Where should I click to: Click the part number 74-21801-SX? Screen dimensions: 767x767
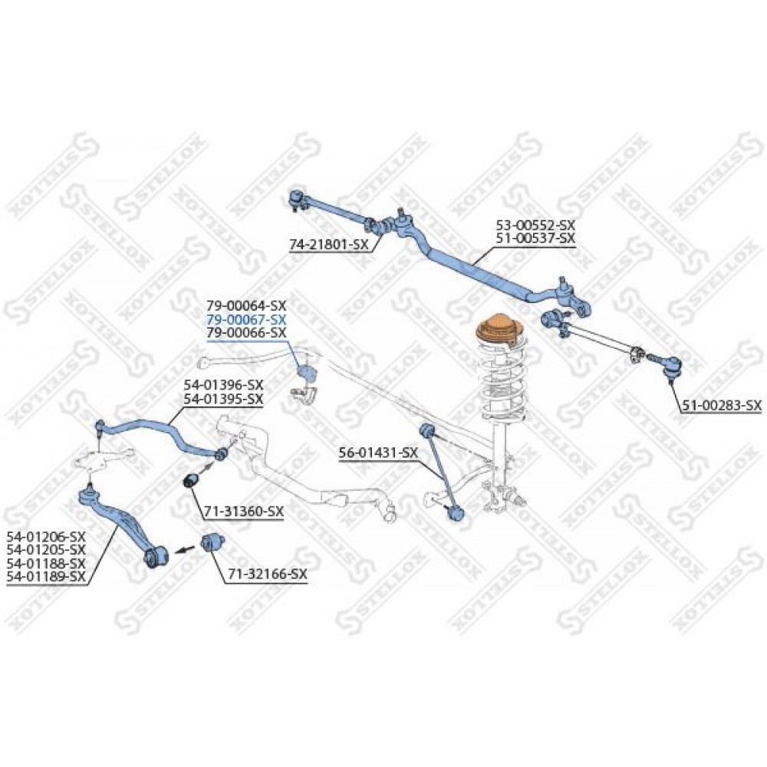tap(329, 245)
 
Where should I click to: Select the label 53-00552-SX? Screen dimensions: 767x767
tap(535, 225)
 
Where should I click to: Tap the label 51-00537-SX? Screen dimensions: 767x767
tap(535, 239)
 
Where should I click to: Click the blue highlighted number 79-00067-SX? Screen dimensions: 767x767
tap(246, 320)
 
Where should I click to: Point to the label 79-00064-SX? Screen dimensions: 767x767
tap(246, 307)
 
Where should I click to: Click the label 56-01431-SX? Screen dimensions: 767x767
tap(379, 453)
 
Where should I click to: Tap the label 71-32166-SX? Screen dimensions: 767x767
tap(267, 574)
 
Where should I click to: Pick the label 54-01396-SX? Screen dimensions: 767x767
tap(223, 384)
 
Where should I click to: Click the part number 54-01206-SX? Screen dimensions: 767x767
tap(46, 537)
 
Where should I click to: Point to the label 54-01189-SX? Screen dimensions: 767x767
tap(46, 578)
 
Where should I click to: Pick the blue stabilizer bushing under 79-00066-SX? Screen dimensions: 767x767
tap(305, 370)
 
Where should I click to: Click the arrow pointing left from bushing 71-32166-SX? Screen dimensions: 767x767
tap(183, 550)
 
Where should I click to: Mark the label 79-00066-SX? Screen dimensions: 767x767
tap(246, 333)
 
